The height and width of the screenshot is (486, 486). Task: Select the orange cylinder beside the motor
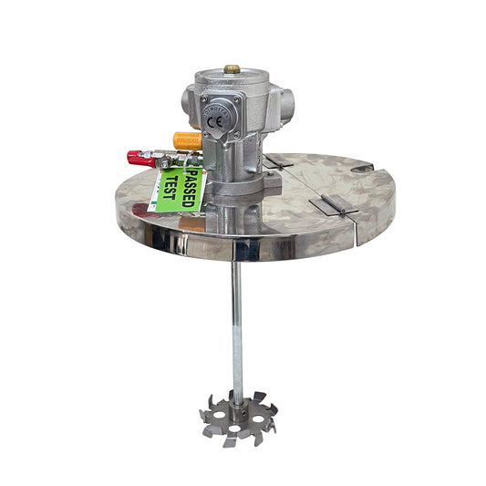pyautogui.click(x=187, y=140)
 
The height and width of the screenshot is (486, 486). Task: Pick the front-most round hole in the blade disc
pyautogui.click(x=236, y=427)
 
